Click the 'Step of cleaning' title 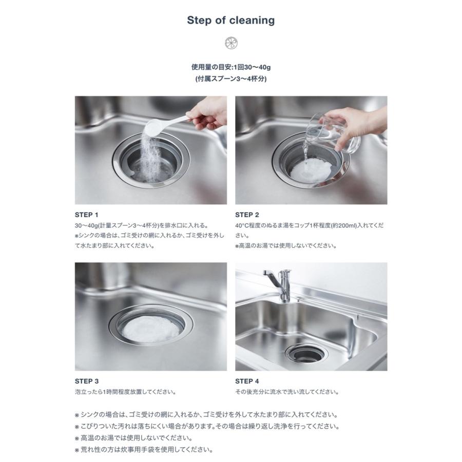(230, 21)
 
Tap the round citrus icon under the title (230, 43)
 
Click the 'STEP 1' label (86, 215)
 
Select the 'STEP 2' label (247, 215)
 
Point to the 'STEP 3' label (86, 381)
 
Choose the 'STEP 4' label (247, 381)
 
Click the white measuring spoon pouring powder (164, 123)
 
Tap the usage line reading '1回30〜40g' (230, 67)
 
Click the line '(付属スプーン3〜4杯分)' (230, 79)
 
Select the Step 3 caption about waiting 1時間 (125, 392)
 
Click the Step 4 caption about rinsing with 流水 (287, 392)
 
